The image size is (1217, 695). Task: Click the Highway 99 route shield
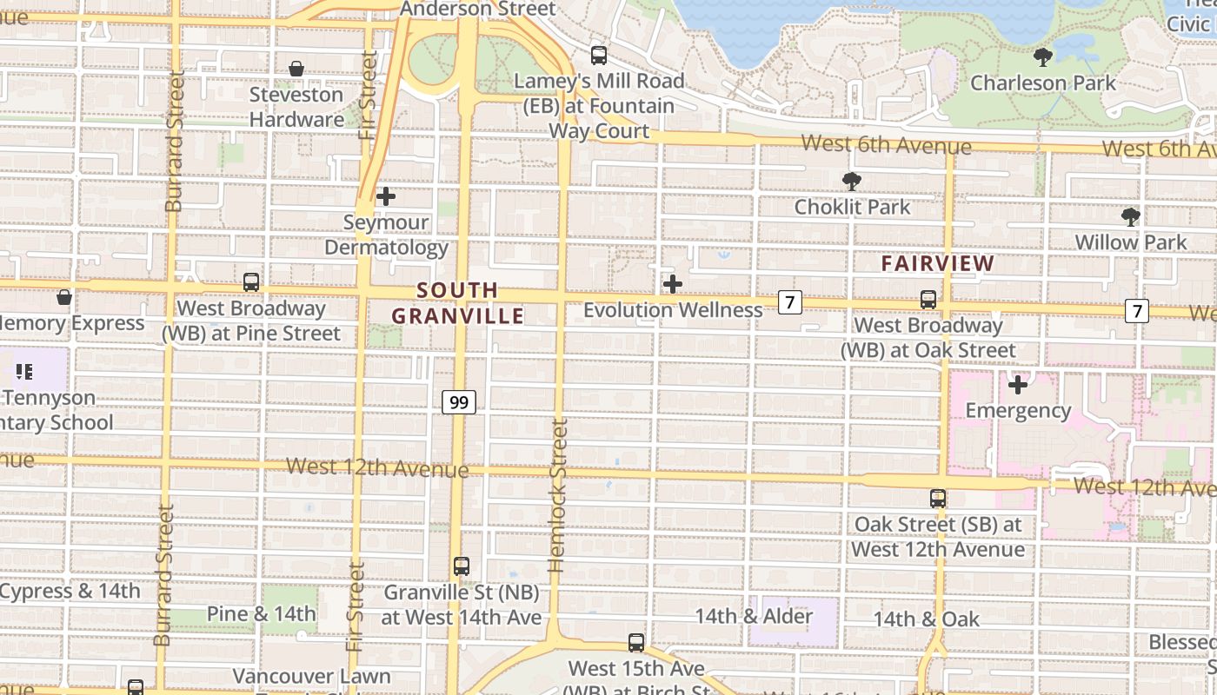pos(459,402)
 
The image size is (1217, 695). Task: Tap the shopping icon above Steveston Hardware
pos(296,69)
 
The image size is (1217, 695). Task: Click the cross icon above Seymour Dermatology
pos(386,197)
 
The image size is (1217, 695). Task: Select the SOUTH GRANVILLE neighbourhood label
pos(457,302)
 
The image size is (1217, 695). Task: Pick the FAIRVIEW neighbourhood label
pos(937,263)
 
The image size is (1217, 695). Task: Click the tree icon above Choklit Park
pos(852,182)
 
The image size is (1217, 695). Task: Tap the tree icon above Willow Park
pos(1130,217)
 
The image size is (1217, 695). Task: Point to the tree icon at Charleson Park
pos(1043,58)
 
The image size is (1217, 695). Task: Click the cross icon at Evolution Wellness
pos(672,284)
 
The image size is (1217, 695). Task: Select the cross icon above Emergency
pos(1017,385)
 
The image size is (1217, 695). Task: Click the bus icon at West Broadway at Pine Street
pos(251,282)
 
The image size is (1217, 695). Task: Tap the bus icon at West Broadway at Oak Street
pos(928,300)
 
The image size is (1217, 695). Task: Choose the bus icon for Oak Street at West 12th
pos(937,499)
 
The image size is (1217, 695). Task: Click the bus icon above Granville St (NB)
pos(462,566)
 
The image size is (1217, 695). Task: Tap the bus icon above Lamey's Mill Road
pos(599,56)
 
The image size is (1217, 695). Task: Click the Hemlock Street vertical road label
pos(558,495)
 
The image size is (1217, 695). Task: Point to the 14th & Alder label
pos(754,617)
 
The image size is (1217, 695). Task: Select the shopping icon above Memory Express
pos(64,297)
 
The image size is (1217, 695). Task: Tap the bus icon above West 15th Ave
pos(636,644)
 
